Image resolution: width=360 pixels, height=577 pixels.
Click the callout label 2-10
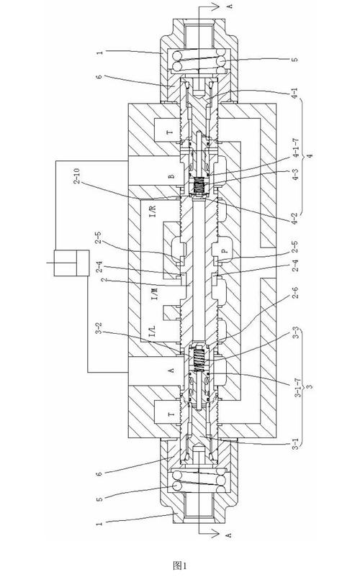click(76, 177)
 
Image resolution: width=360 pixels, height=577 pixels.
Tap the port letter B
click(171, 176)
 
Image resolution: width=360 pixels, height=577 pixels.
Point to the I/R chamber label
click(154, 210)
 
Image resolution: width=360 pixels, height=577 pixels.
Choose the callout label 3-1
click(297, 444)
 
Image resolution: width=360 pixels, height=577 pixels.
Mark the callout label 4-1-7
click(296, 150)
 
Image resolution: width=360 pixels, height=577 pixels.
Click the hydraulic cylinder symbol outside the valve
click(71, 263)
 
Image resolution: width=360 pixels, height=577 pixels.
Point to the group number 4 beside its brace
click(310, 156)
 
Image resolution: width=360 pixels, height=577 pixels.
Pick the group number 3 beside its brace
click(310, 387)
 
